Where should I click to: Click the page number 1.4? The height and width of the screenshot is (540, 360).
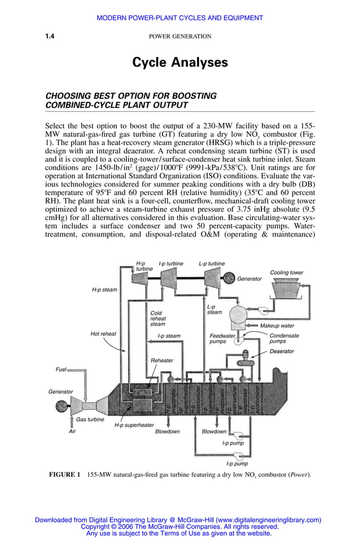coord(50,37)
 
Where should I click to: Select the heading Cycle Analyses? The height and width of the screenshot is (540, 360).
coord(180,63)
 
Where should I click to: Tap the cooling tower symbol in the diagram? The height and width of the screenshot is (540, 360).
coord(287,288)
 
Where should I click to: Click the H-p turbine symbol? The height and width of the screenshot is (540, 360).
coord(141,280)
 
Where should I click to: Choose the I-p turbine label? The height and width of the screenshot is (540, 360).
coord(171,264)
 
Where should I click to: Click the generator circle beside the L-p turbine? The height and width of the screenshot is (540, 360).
coord(229,278)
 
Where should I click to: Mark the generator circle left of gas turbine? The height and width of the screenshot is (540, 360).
coord(59,406)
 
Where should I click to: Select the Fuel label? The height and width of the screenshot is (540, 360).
coord(60,370)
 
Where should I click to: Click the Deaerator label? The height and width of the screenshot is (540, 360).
coord(282,352)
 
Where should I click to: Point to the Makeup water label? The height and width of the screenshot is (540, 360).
coord(277,326)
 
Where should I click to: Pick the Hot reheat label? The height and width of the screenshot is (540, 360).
coord(103,334)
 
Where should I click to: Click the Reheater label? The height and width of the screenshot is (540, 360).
coord(162,360)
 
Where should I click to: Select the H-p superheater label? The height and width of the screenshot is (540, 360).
coord(134,425)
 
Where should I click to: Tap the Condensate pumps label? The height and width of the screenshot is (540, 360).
coord(284,339)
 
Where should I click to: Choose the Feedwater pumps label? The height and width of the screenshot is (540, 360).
coord(218,339)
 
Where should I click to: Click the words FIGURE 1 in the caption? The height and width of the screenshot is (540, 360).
coord(65,475)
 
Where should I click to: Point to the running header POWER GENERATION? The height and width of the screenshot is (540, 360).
coord(180,37)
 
